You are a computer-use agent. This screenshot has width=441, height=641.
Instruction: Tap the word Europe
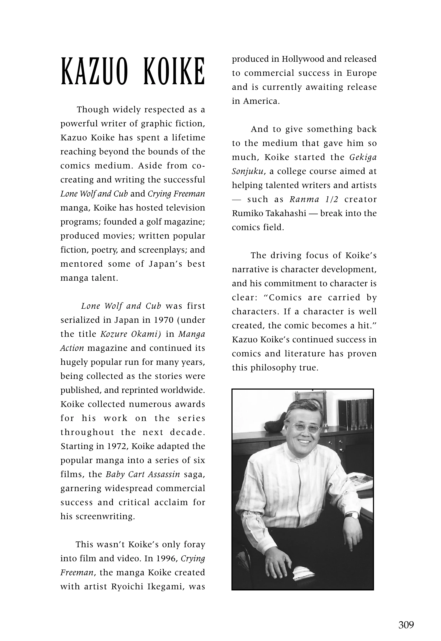362,73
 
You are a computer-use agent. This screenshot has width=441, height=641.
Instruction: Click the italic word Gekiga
363,157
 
